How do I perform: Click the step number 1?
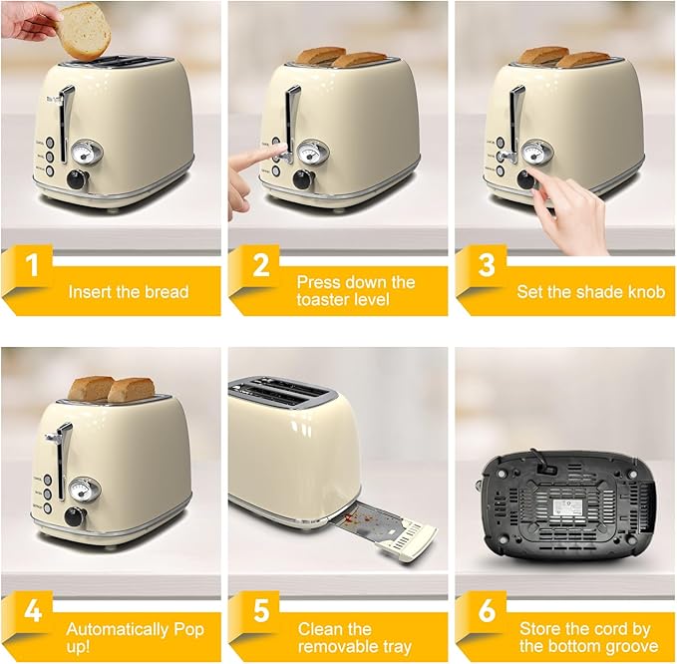pyautogui.click(x=33, y=267)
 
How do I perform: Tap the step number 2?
pyautogui.click(x=260, y=267)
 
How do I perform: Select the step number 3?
pyautogui.click(x=488, y=267)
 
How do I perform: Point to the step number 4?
pyautogui.click(x=33, y=610)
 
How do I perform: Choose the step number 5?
pyautogui.click(x=260, y=610)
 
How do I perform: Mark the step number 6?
pyautogui.click(x=488, y=610)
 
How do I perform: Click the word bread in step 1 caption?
pyautogui.click(x=167, y=293)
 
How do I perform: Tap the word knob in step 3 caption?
pyautogui.click(x=643, y=293)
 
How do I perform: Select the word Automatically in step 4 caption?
pyautogui.click(x=117, y=629)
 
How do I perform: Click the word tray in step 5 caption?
pyautogui.click(x=396, y=647)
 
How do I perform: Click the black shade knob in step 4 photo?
pyautogui.click(x=76, y=516)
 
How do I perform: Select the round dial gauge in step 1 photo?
pyautogui.click(x=82, y=152)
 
